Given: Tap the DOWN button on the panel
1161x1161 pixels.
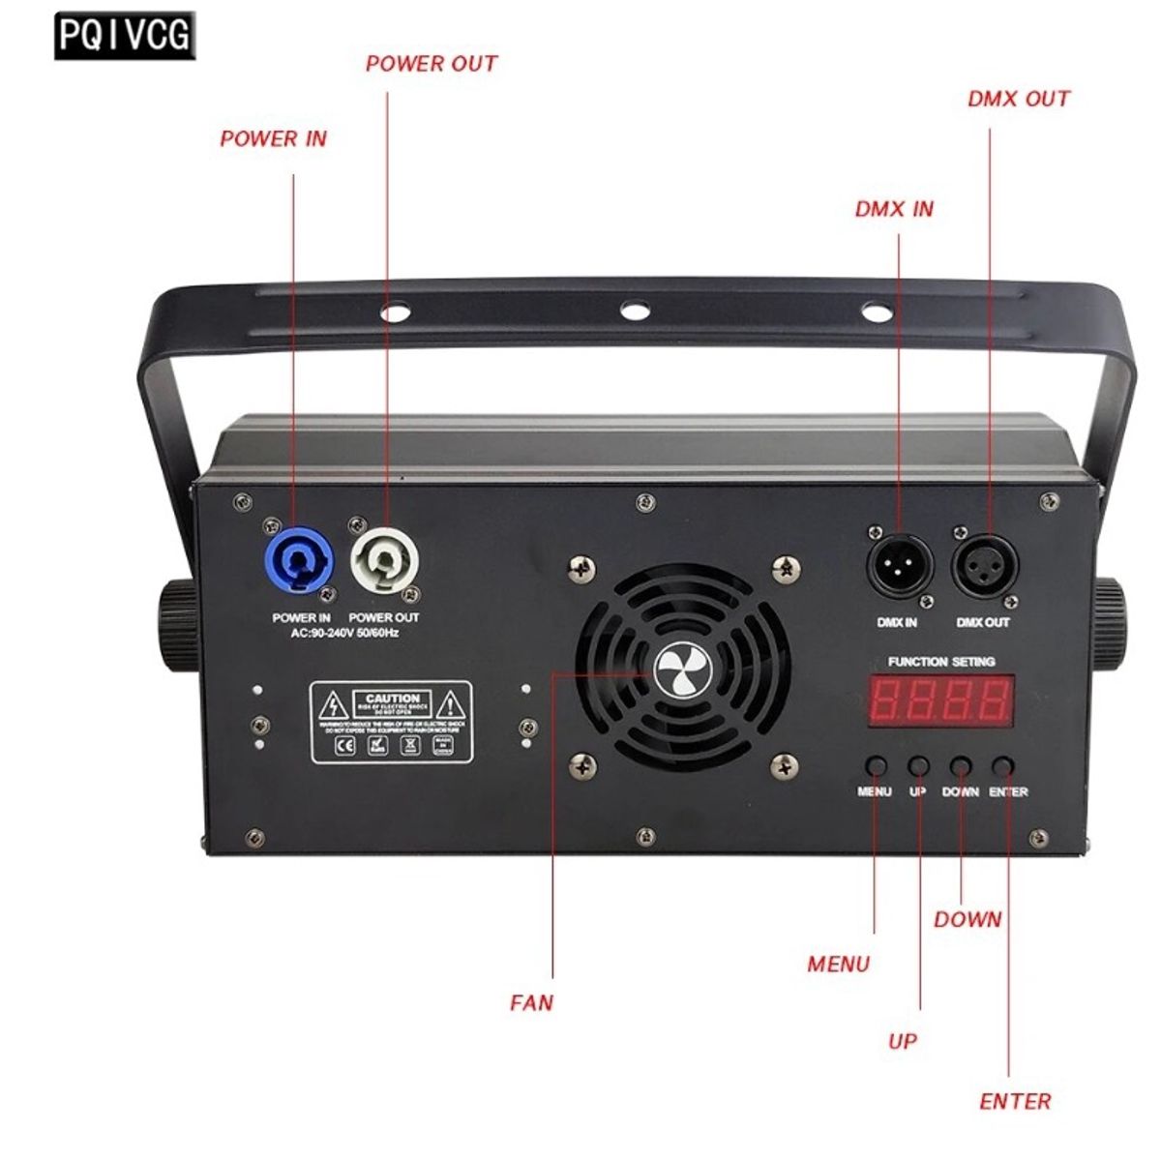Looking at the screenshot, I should tap(960, 766).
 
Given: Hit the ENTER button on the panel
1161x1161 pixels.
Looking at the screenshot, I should tap(1004, 766).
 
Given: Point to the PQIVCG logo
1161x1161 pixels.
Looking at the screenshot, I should tap(125, 36).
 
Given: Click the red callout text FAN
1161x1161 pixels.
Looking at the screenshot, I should tap(532, 1002).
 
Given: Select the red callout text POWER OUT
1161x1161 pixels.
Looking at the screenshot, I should tap(431, 64).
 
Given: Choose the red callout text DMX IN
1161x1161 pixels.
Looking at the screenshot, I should tap(894, 209).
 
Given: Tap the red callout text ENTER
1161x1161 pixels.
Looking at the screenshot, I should tap(1015, 1101).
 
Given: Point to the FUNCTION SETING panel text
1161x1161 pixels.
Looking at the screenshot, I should tap(940, 662).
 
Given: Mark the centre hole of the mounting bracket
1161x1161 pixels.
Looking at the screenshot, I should tap(634, 312).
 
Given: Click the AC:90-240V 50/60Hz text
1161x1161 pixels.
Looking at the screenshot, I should tap(344, 634).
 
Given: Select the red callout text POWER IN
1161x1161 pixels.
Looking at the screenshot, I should tap(273, 138).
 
